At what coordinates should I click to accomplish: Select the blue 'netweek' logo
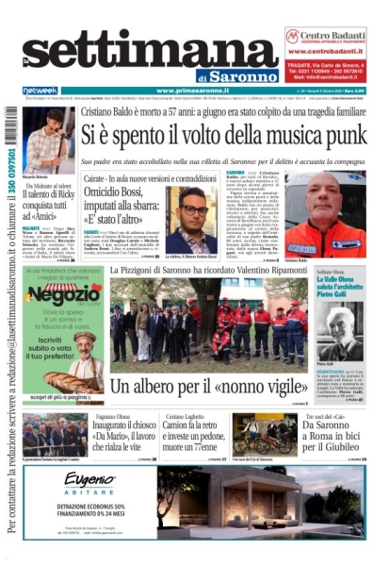pos(40,90)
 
